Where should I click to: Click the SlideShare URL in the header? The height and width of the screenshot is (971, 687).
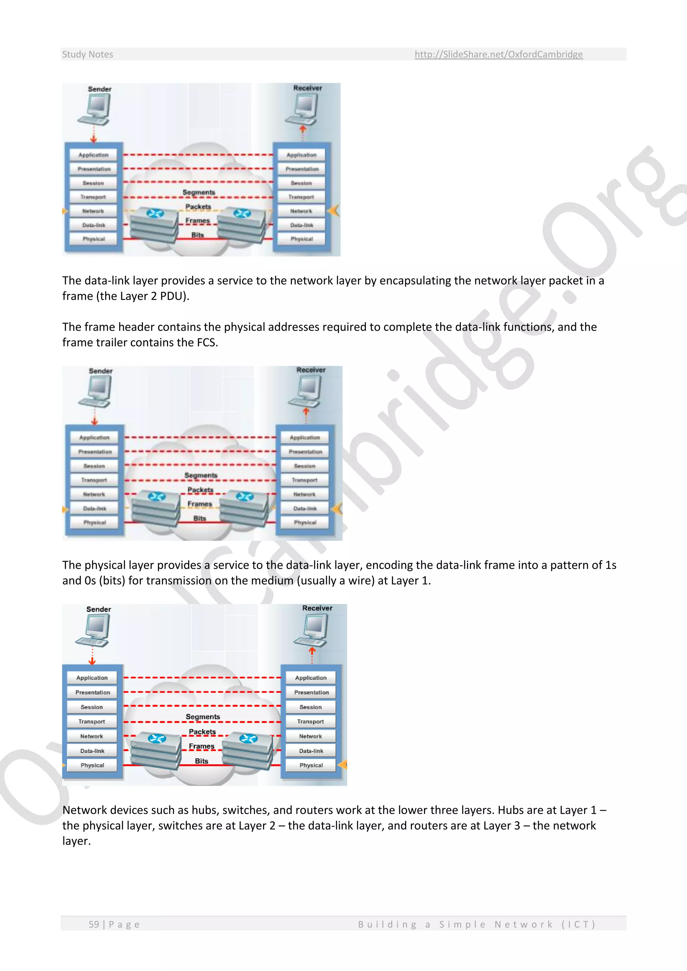tap(498, 54)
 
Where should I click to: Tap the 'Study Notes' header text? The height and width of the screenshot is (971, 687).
tap(88, 54)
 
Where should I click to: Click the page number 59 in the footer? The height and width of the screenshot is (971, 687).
tap(94, 924)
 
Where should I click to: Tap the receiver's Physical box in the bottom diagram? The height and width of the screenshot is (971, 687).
tap(311, 765)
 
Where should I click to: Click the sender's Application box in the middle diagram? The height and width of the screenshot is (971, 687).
tap(94, 437)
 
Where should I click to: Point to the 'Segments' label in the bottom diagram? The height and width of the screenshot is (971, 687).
tap(203, 717)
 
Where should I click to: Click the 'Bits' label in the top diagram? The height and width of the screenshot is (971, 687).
tap(198, 235)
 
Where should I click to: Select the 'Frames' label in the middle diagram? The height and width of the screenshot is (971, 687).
tap(200, 504)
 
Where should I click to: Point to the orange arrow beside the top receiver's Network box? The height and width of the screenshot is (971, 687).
tap(334, 210)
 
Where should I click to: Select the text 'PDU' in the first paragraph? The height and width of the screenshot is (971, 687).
tap(171, 296)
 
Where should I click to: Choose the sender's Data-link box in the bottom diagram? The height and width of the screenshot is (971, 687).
tap(92, 751)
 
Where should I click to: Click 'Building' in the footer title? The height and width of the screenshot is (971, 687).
tap(387, 924)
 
